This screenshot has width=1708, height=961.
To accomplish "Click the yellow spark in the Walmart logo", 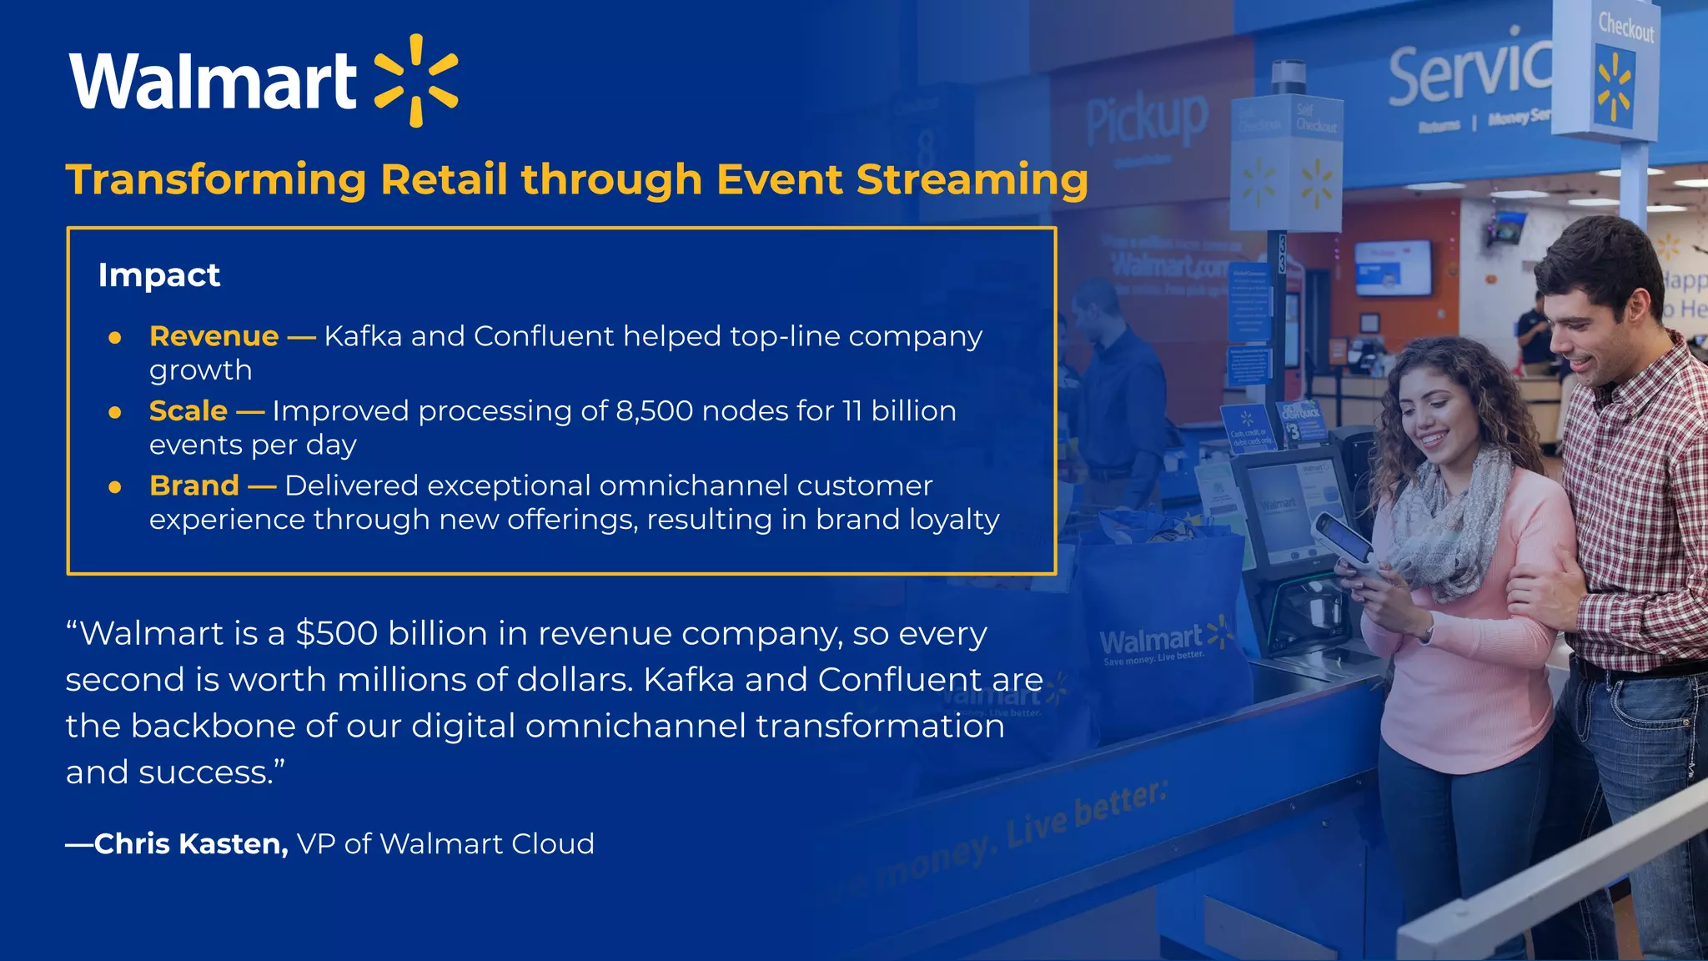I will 416,81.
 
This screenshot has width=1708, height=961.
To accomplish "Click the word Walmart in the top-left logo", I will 213,81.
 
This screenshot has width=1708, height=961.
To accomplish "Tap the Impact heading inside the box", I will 159,275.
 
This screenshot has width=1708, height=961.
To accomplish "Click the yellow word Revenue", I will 213,336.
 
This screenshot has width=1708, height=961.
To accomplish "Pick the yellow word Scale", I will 188,411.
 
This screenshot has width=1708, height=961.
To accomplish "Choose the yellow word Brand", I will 193,486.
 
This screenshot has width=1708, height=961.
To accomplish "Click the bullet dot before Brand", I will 115,487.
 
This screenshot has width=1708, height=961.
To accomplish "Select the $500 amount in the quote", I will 336,634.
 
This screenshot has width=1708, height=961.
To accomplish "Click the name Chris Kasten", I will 191,844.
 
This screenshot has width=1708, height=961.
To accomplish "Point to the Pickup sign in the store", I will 1147,119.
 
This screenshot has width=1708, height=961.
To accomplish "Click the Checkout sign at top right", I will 1625,28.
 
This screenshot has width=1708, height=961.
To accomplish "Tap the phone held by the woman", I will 1342,543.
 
